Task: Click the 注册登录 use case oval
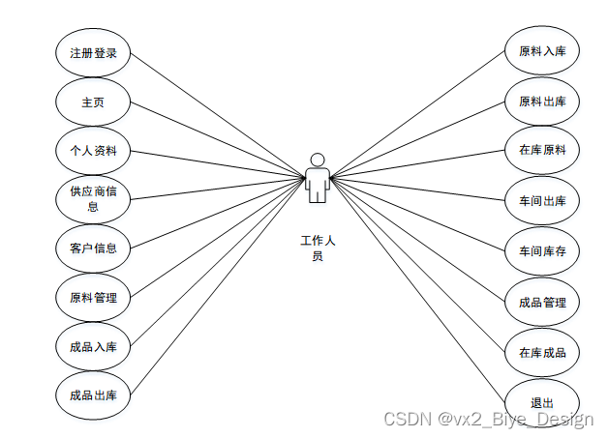coord(93,53)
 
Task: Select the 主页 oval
coord(93,102)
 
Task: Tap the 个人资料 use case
coord(93,151)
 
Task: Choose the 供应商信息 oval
coord(93,199)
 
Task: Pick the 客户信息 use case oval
coord(93,248)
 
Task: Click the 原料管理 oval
coord(93,297)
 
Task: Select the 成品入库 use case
coord(93,346)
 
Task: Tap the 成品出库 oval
coord(93,394)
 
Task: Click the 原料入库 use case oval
coord(542,52)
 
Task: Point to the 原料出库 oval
coord(542,102)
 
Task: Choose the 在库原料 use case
coord(542,151)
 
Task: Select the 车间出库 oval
coord(542,201)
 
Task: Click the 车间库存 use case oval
coord(542,251)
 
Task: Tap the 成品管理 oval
coord(542,302)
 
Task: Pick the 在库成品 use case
coord(542,352)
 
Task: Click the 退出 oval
coord(542,402)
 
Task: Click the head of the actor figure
coord(318,159)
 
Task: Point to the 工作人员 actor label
coord(318,248)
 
